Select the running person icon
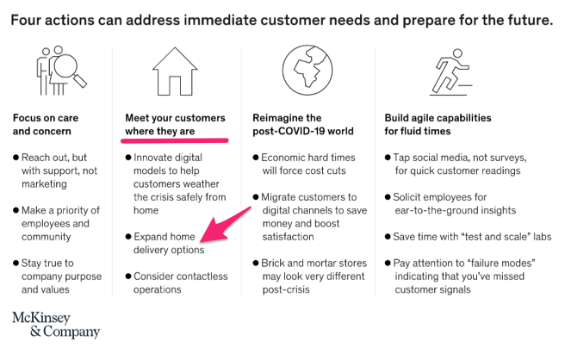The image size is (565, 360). (x=451, y=72)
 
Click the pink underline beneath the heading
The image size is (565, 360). (x=175, y=140)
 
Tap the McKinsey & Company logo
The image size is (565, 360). (x=56, y=325)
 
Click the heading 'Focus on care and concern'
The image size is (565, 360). (x=46, y=124)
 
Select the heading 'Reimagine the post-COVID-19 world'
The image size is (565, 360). (x=303, y=124)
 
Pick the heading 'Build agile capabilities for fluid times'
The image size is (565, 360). (x=438, y=124)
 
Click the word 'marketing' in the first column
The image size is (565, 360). (x=44, y=183)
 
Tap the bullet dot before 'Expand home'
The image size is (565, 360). (x=128, y=236)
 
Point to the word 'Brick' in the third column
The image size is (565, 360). (x=273, y=263)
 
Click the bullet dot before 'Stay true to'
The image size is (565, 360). (x=16, y=263)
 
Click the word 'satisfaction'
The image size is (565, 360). (x=288, y=236)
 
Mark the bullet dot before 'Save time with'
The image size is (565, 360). (x=388, y=236)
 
